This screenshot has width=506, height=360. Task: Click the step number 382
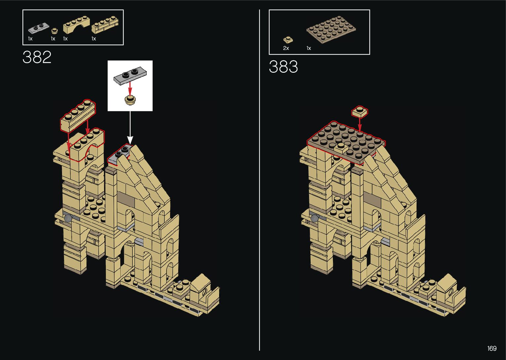[x=37, y=57]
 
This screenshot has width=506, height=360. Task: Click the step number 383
[x=283, y=67]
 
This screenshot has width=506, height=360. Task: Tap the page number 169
[x=492, y=348]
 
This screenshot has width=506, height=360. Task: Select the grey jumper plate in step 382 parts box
[x=39, y=28]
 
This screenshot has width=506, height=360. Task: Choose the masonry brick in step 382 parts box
[x=105, y=25]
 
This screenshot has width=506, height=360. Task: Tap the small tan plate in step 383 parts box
[x=288, y=40]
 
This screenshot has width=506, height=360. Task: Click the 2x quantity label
[x=286, y=48]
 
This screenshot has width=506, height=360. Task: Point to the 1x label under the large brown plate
[x=309, y=48]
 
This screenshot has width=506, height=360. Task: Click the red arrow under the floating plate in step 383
[x=360, y=125]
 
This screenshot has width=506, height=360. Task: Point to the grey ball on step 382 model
[x=68, y=218]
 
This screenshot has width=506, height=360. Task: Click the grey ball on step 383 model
[x=315, y=218]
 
